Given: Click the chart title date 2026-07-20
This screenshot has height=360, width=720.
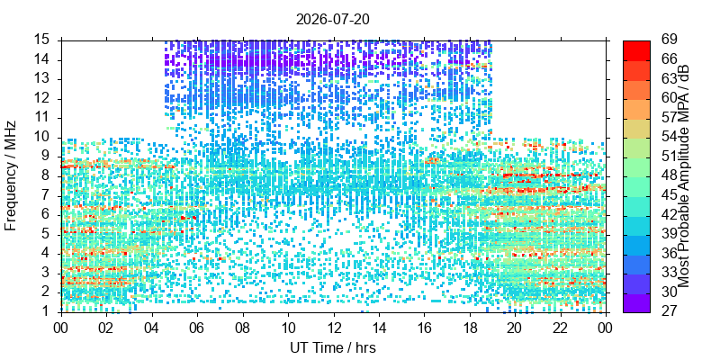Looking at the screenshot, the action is (x=332, y=20).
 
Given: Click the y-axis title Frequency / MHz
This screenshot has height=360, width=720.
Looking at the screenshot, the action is (x=11, y=175).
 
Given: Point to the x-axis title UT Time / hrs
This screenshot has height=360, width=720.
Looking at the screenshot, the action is (x=333, y=347).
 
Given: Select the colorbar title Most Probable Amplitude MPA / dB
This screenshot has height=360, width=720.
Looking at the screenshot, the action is (x=684, y=176).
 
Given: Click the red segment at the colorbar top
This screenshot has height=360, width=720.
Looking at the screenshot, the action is (x=636, y=50).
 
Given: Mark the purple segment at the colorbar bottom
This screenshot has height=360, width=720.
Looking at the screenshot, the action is (x=636, y=302).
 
